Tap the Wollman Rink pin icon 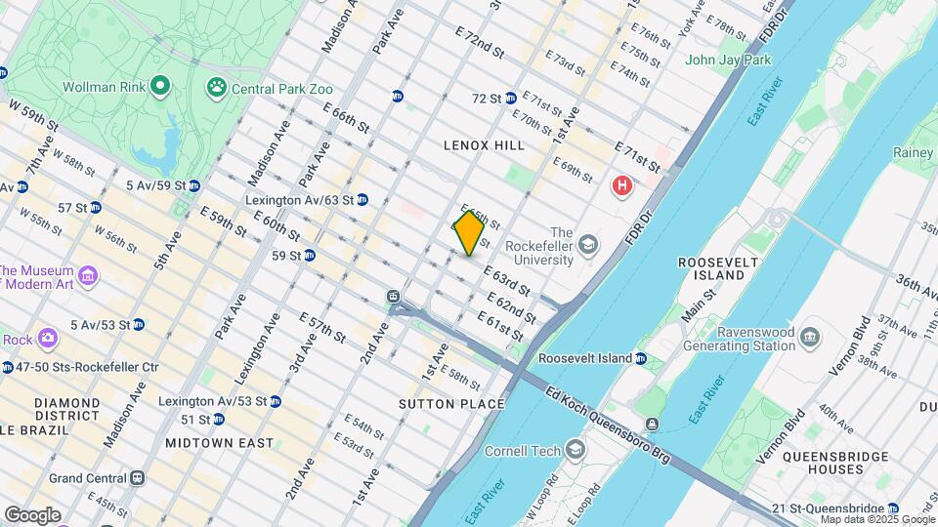161,87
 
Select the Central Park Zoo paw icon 216,88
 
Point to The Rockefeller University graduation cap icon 588,242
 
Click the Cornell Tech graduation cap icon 576,450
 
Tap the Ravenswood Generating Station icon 810,338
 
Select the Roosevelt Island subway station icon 641,358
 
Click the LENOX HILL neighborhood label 484,145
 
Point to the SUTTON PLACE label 451,404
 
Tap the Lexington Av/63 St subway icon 362,199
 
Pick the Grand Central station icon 138,478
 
